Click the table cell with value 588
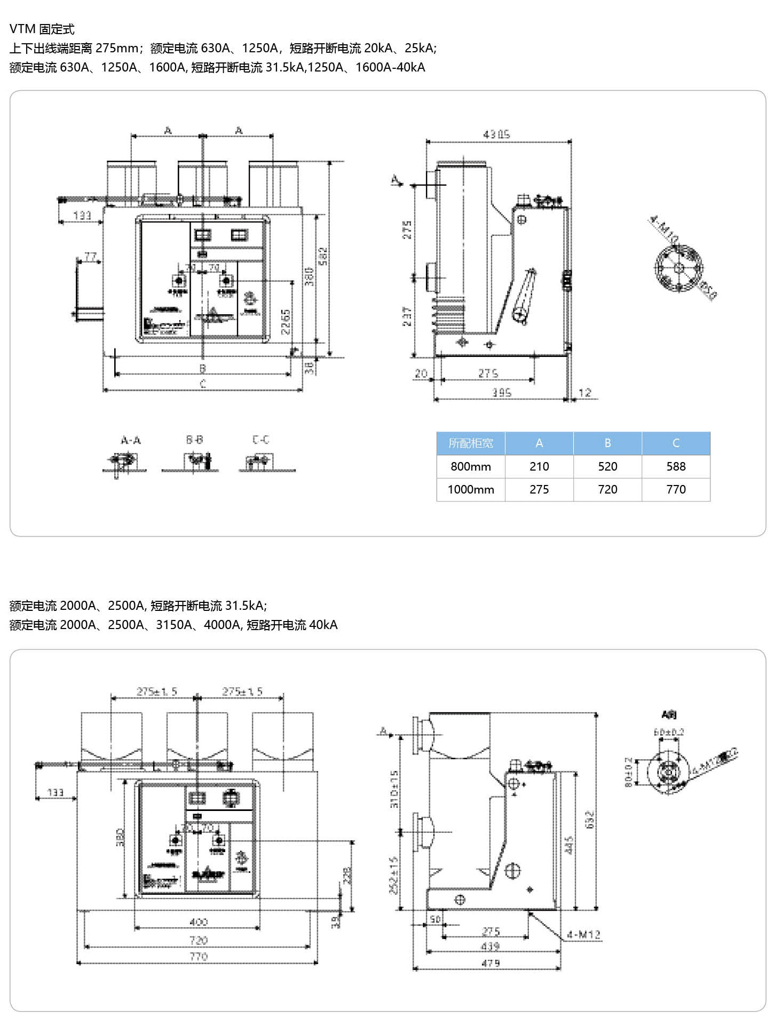click(676, 466)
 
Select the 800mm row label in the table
click(471, 466)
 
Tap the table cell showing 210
click(539, 466)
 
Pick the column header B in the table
click(607, 443)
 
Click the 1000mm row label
click(471, 489)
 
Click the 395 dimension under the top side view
click(502, 393)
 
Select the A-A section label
click(131, 440)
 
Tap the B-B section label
click(194, 440)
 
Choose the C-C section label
click(260, 440)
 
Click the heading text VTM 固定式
click(42, 29)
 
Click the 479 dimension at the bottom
click(491, 963)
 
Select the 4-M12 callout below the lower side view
click(584, 935)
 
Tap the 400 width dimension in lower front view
click(199, 921)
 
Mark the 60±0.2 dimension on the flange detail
click(669, 732)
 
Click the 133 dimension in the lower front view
click(56, 792)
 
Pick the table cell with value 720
click(607, 489)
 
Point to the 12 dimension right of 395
click(585, 393)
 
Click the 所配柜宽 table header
click(471, 443)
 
